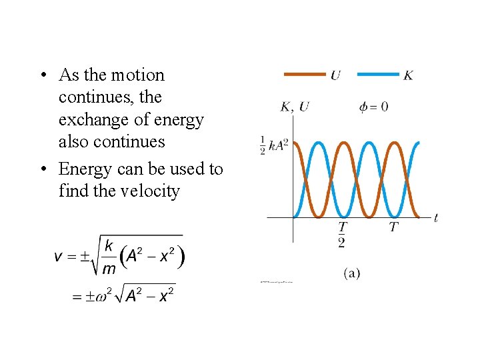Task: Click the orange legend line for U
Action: click(x=305, y=75)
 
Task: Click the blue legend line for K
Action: click(x=377, y=75)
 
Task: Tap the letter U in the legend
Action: click(x=335, y=75)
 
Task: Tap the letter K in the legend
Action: click(x=408, y=75)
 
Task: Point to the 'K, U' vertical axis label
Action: click(x=295, y=107)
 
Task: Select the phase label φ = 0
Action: click(x=374, y=107)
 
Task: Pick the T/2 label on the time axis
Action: click(x=342, y=235)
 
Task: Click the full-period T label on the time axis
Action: click(x=393, y=227)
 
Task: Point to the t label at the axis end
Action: click(x=435, y=218)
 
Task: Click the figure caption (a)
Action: click(x=352, y=273)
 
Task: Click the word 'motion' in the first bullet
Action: click(x=137, y=75)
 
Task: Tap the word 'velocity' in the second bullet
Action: click(x=153, y=191)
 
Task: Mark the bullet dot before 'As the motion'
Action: click(x=42, y=75)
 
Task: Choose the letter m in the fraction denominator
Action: click(x=109, y=268)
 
